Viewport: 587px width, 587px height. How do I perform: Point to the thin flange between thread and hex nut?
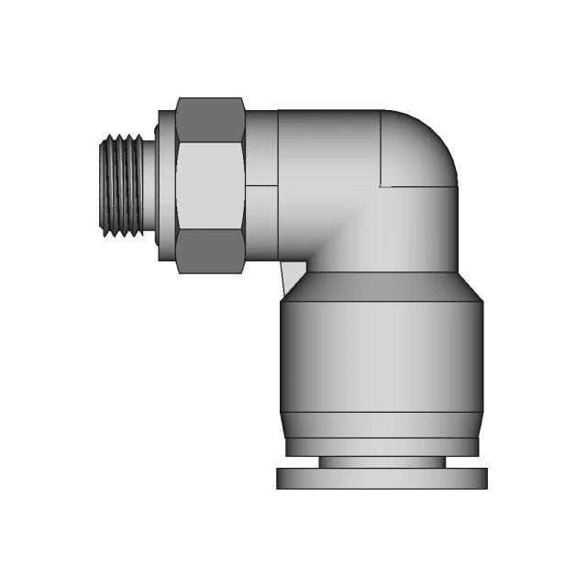click(165, 187)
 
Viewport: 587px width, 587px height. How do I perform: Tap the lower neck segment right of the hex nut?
click(261, 224)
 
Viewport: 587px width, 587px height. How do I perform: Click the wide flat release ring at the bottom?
click(381, 478)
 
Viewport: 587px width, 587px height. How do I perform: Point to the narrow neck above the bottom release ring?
click(381, 462)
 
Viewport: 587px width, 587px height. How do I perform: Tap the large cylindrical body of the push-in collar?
click(381, 358)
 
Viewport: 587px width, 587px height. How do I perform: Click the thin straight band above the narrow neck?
click(381, 447)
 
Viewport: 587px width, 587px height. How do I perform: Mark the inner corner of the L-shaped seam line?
click(382, 186)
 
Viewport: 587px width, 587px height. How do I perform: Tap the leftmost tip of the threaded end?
click(100, 187)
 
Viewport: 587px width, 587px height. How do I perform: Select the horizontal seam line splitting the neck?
click(261, 186)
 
